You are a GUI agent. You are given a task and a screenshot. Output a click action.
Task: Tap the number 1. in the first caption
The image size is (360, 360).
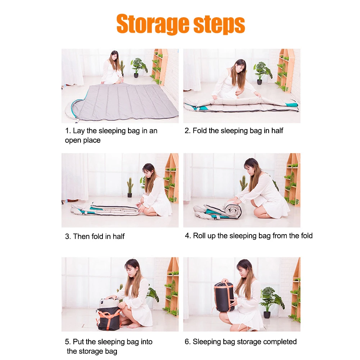point(68,131)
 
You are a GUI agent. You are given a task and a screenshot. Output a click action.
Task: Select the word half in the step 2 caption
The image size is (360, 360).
point(277,131)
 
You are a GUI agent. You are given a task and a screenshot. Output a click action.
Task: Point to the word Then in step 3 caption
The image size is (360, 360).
point(81,236)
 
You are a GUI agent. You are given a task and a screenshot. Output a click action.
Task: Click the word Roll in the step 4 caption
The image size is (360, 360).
point(199,236)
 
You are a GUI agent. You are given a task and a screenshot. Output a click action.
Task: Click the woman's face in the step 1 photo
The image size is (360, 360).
point(114,56)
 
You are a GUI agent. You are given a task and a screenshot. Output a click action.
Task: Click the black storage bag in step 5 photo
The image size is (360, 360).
point(108,316)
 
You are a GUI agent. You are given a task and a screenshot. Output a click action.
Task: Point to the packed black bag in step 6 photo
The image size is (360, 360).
point(224,296)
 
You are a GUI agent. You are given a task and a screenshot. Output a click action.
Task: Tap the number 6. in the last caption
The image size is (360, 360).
point(188,342)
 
